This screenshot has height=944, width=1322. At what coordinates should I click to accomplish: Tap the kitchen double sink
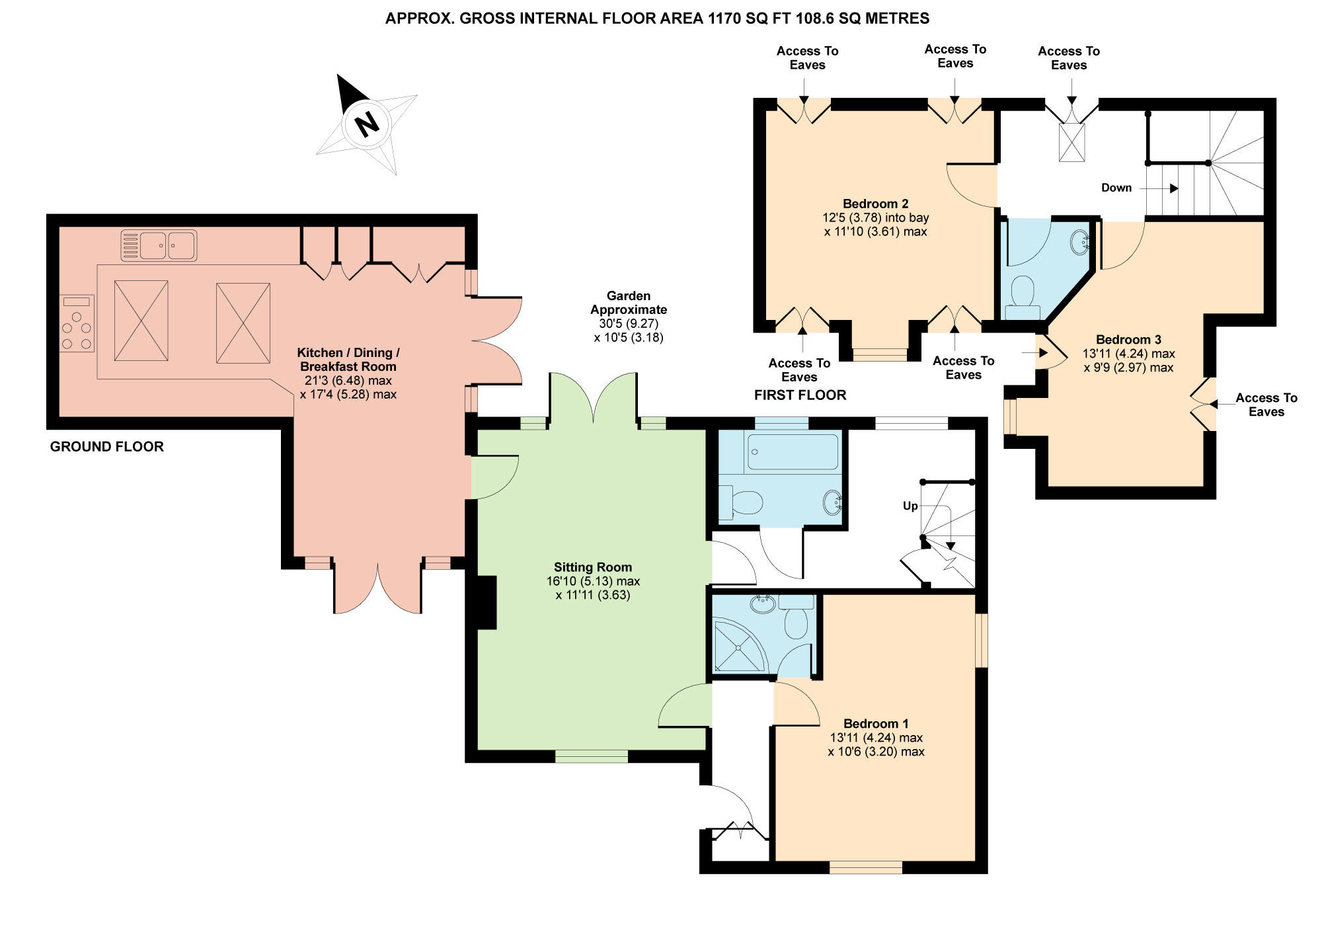159,245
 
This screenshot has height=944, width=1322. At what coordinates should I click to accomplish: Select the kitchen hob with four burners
77,323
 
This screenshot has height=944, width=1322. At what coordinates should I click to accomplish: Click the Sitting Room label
593,567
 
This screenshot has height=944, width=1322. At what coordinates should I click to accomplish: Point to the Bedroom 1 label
876,724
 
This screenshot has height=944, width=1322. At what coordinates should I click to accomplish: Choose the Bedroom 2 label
875,204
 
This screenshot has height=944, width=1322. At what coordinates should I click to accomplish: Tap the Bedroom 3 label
1128,340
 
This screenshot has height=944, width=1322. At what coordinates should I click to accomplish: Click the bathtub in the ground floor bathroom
793,452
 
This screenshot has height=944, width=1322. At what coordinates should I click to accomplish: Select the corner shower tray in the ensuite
739,646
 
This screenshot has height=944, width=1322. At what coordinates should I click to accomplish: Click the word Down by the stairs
1116,188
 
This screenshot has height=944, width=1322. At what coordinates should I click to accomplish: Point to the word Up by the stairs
910,506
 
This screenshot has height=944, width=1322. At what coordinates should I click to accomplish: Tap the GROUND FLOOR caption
107,447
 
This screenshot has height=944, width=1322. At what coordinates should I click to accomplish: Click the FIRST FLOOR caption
800,395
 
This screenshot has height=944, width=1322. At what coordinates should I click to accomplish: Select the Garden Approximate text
629,303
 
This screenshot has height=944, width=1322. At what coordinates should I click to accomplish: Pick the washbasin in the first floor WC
1080,242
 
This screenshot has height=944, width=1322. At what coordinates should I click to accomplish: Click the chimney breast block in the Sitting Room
486,602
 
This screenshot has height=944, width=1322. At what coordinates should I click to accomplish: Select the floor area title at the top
657,19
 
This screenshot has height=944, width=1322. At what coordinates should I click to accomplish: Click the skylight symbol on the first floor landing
1071,142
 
